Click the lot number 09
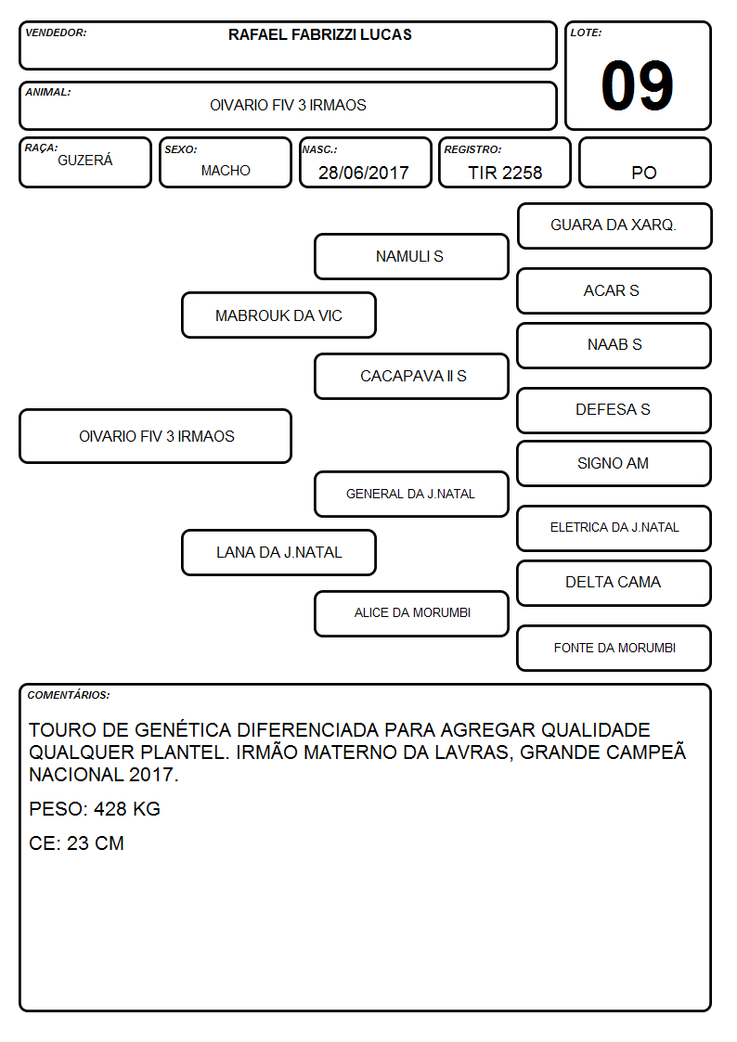637,85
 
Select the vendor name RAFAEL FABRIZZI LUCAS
319,34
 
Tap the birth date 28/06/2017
364,173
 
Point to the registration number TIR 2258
505,173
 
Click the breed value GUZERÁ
85,160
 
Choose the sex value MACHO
226,171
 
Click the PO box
644,162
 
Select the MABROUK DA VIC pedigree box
278,315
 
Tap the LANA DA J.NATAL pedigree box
278,552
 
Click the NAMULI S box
411,256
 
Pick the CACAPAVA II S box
411,376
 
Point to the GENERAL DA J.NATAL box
411,494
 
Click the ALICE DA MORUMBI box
411,613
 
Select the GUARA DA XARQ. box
614,226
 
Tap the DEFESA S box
614,410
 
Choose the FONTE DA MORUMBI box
614,648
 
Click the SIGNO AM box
614,463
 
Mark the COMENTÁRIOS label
69,695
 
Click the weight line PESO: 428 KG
95,809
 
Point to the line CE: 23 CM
76,843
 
